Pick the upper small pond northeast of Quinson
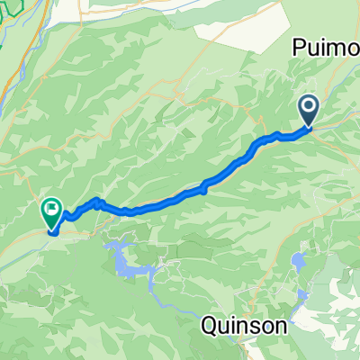297,262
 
